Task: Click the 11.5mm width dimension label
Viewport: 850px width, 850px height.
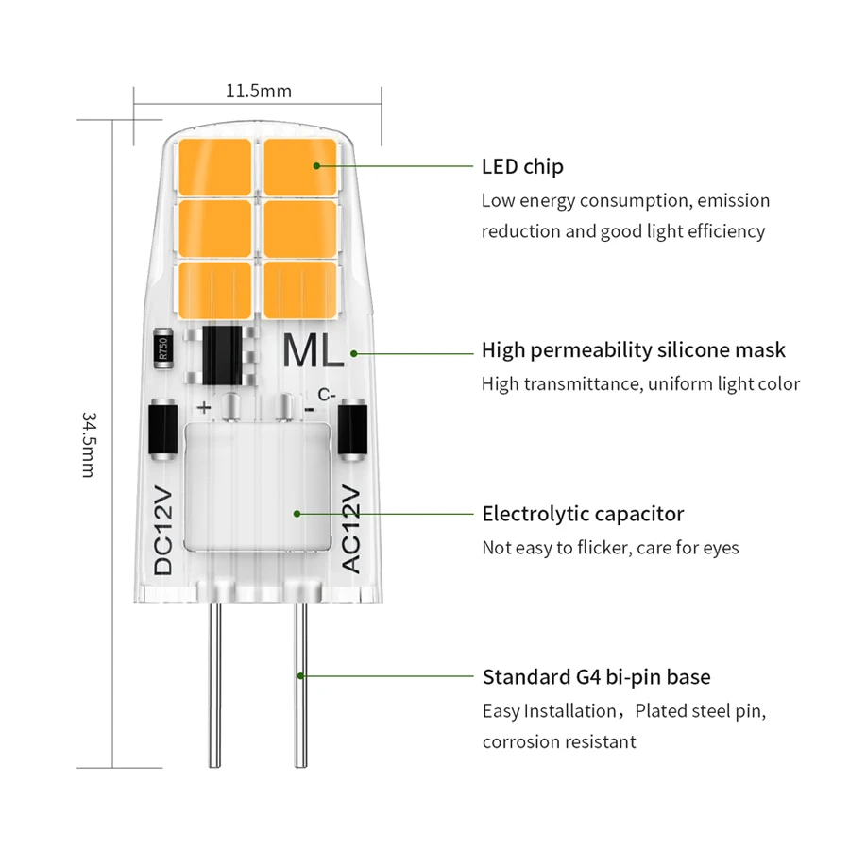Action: point(258,92)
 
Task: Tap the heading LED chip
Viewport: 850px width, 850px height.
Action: point(522,167)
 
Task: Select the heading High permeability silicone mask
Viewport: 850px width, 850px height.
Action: point(633,350)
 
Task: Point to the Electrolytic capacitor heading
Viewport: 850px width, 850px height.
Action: point(583,514)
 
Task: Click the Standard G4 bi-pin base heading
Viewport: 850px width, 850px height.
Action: point(596,677)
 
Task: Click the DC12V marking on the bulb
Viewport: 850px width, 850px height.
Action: point(164,529)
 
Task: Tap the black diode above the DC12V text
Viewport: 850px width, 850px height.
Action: point(162,432)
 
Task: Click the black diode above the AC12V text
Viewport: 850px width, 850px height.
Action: point(353,432)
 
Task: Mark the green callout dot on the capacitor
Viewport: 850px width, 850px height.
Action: point(297,514)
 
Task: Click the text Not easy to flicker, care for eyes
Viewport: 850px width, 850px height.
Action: point(610,548)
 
